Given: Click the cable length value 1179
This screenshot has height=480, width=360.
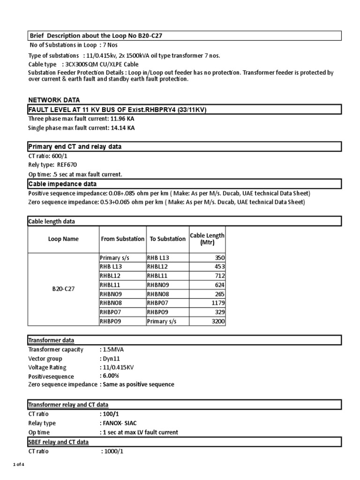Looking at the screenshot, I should click(217, 303).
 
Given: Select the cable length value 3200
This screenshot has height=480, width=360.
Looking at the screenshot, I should click(217, 321).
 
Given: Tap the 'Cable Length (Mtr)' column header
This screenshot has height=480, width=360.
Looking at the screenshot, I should click(207, 239).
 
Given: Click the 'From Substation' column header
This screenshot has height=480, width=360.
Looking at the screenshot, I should click(123, 239).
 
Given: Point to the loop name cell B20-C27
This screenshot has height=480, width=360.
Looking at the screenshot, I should click(63, 289).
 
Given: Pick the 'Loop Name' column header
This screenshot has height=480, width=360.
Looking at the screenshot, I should click(63, 239).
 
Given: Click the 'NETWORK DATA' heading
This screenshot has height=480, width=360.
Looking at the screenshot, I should click(54, 100).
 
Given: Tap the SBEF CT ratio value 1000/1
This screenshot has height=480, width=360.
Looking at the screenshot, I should click(114, 451).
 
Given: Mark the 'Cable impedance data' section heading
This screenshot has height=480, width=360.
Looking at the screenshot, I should click(62, 184).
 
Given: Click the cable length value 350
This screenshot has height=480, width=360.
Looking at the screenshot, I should click(219, 258).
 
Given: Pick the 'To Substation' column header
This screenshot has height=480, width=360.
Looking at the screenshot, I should click(167, 239).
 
